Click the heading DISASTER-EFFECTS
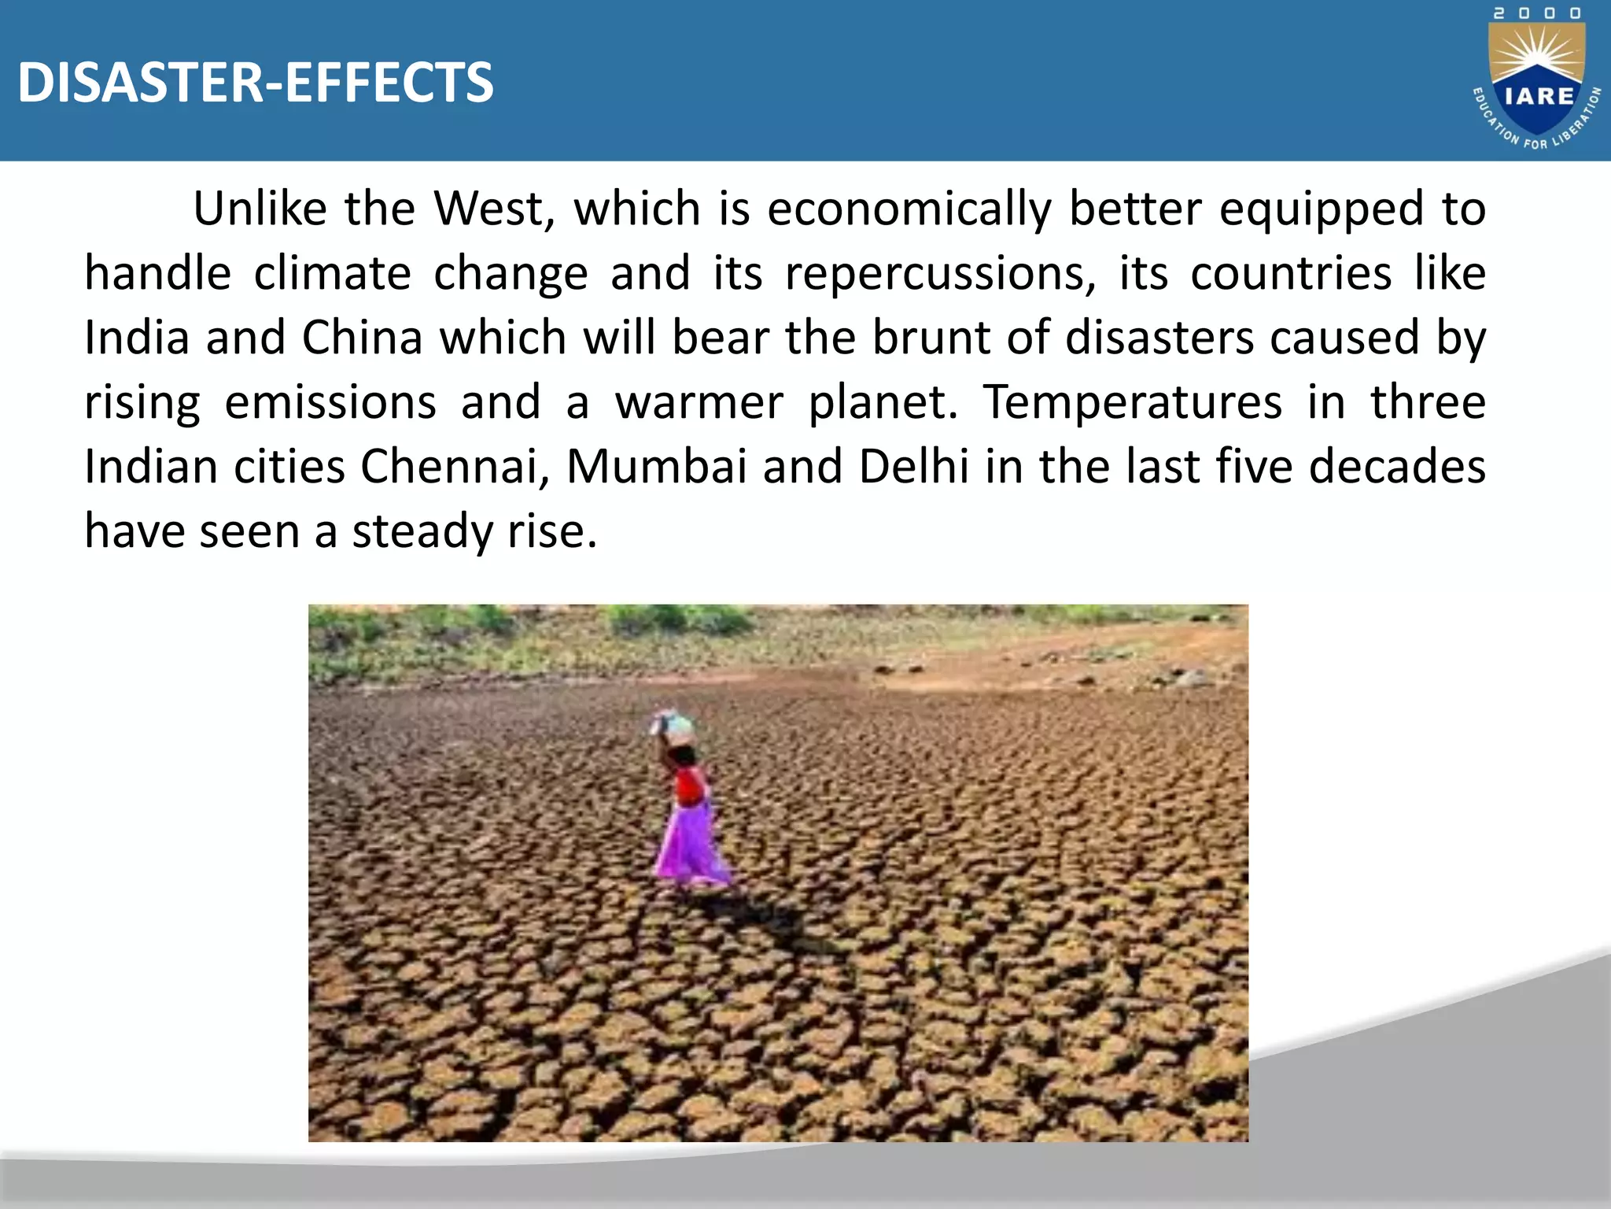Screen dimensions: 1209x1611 coord(256,83)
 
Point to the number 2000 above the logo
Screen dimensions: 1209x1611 coord(1537,13)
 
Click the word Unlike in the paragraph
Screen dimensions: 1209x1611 coord(260,209)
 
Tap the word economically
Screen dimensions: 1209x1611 coord(909,209)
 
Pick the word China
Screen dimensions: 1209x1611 coord(363,338)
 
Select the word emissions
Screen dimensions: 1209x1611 coord(330,403)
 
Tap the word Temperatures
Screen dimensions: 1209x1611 coord(1133,403)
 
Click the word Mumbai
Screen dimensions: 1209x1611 coord(656,467)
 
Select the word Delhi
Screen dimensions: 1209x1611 coord(913,467)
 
